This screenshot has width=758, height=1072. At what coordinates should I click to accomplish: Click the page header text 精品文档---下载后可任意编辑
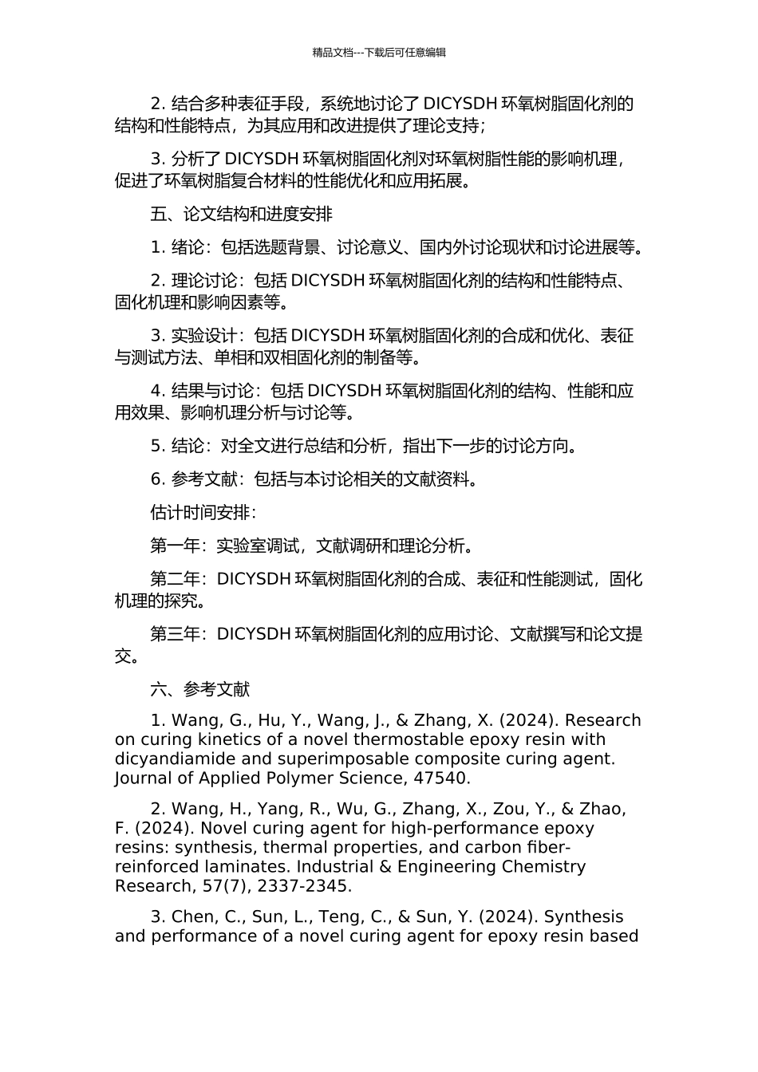[x=379, y=53]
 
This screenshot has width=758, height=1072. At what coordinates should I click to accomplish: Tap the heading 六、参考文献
[x=200, y=689]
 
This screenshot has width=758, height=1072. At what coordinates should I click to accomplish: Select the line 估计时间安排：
[x=203, y=512]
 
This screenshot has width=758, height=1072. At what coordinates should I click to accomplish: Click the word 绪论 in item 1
[x=188, y=247]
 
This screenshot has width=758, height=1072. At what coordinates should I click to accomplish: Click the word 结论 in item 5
[x=188, y=446]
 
